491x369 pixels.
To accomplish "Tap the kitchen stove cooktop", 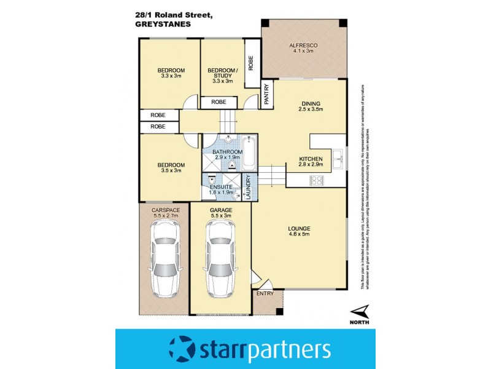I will pos(318,180).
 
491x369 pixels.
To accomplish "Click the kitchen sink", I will pos(338,159).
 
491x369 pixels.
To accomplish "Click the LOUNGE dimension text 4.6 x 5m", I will pos(300,237).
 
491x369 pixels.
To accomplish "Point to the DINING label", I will pos(311,103).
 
